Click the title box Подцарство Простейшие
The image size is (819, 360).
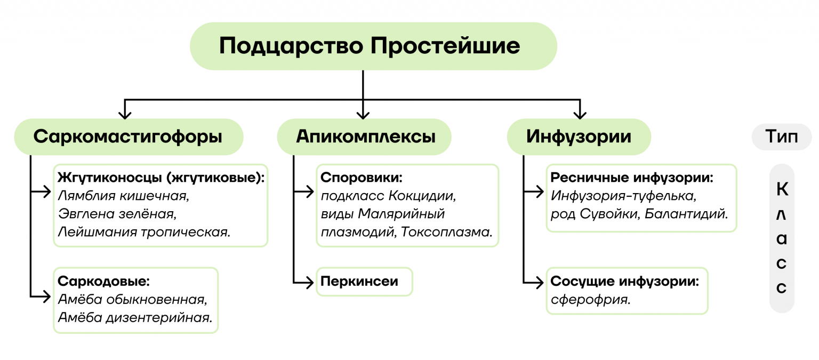coord(373,46)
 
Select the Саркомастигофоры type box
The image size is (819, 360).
coord(128,137)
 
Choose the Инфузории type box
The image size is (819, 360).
coord(579,137)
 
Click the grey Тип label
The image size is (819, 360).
coord(781,137)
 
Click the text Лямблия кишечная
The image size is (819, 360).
coord(123,196)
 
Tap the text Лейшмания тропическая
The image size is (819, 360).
coord(144,232)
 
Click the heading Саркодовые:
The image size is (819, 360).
coord(103,281)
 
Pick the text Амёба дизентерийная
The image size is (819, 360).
coord(135,318)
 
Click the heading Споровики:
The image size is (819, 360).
coord(360,178)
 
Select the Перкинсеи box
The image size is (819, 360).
coord(364,281)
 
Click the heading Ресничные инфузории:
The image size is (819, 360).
coord(632,178)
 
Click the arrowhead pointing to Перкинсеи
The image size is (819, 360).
coord(310,282)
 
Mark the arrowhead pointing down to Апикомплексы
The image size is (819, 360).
coord(363,114)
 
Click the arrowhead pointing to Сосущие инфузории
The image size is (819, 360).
coord(540,282)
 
